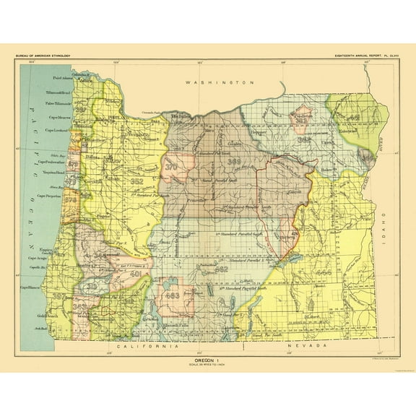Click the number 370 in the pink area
point(171,167)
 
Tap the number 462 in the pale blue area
point(222,269)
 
